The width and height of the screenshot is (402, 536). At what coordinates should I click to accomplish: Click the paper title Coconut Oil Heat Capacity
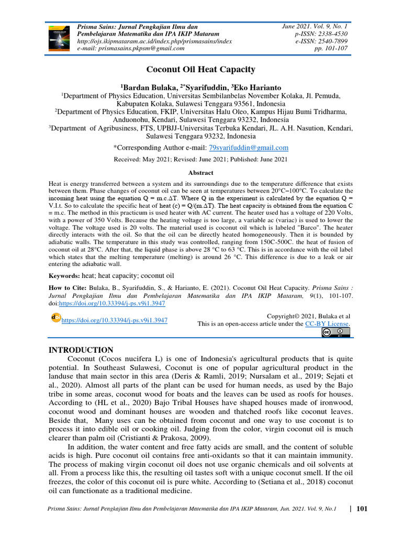200,69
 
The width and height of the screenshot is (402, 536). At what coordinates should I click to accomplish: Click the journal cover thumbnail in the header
60,37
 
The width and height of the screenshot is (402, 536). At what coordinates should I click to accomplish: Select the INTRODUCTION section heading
81,350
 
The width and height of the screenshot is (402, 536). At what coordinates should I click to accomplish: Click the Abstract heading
200,172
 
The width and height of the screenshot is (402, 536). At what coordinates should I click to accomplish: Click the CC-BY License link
327,323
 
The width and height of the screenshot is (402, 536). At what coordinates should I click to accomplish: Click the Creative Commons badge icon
336,333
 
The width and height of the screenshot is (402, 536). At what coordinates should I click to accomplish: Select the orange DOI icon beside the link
55,317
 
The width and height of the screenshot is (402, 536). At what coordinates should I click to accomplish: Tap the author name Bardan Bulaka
149,86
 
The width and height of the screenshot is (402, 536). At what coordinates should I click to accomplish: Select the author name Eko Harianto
250,86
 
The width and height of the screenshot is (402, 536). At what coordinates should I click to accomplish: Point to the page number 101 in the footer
362,508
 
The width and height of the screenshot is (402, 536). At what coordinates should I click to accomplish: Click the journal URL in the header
154,41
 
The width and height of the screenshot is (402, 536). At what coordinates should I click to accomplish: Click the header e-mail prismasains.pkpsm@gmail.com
131,48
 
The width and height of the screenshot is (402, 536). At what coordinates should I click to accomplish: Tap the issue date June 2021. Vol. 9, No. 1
314,26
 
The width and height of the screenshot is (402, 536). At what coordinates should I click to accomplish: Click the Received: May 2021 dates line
200,159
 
